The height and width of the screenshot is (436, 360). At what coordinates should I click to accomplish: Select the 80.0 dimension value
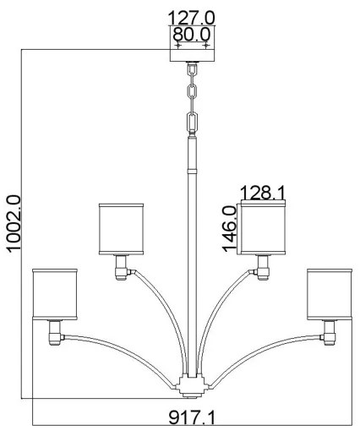[x=191, y=35]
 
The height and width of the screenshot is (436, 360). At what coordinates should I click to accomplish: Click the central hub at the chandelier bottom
[x=191, y=386]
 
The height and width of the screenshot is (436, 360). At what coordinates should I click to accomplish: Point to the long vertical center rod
[x=191, y=253]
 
